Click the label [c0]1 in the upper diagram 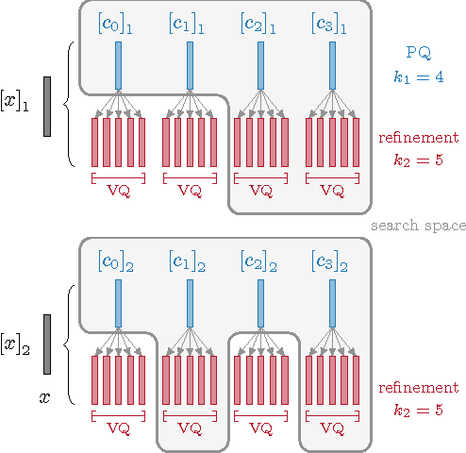coord(118,22)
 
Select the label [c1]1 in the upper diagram coord(190,22)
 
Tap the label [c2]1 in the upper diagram coord(260,22)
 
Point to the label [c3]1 coord(332,22)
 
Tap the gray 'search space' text coord(418,226)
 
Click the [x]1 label coord(15,102)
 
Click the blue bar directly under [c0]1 coord(118,63)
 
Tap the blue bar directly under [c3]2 coord(332,301)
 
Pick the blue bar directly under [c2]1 coord(260,63)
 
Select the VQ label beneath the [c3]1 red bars coord(332,190)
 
